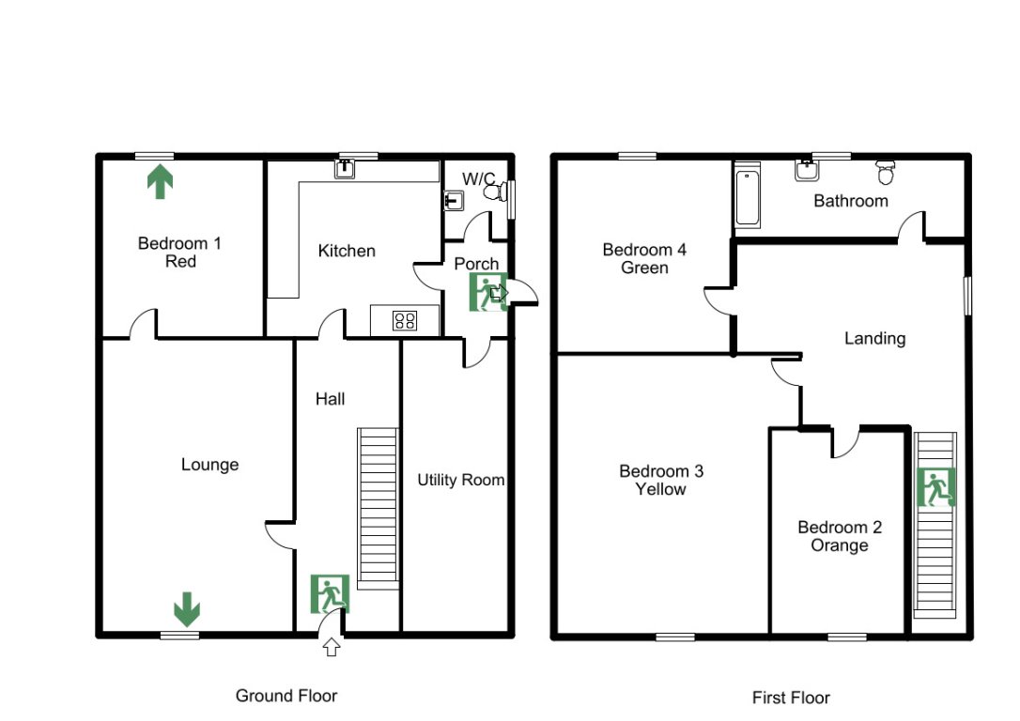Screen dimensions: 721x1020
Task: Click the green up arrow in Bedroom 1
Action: tap(160, 181)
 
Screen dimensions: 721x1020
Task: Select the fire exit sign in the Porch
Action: tap(487, 292)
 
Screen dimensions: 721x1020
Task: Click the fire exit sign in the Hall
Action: tap(330, 593)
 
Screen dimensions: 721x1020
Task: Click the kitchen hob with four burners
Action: tap(405, 320)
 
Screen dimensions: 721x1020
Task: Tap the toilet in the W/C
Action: tap(493, 192)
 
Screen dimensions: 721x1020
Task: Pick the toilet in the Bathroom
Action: tap(884, 172)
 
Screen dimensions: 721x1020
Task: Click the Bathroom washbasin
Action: tap(805, 170)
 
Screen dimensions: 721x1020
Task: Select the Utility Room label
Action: tap(460, 480)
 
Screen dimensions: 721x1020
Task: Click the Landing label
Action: tap(874, 338)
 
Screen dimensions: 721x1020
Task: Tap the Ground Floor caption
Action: tap(286, 696)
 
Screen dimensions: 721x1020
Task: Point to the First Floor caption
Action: tap(791, 698)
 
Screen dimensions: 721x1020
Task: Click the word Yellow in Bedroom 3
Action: tap(660, 489)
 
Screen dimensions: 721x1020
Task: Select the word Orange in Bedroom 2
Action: tap(839, 545)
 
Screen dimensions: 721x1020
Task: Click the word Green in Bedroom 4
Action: tap(644, 268)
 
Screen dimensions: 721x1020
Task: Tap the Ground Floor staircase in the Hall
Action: tap(378, 507)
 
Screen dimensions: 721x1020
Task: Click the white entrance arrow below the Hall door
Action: tap(331, 646)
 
